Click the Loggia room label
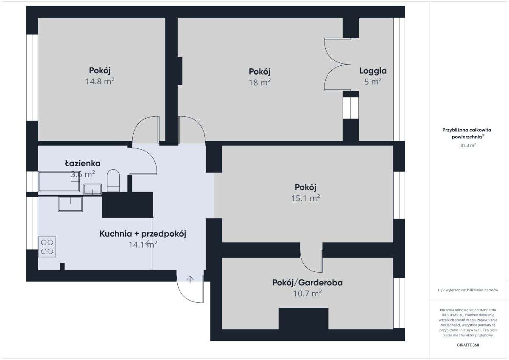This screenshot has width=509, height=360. (x=373, y=71)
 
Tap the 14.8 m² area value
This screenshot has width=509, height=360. (x=100, y=81)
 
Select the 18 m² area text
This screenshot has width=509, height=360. (x=260, y=82)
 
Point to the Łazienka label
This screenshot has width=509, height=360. (x=83, y=163)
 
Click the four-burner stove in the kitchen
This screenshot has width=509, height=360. (x=47, y=247)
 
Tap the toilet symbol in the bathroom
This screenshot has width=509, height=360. (x=113, y=180)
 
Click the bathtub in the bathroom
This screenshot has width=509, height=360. (x=59, y=181)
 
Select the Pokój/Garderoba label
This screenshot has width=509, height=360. (x=308, y=282)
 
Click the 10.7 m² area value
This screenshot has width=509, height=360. (x=308, y=293)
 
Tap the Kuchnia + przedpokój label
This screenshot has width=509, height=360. (x=143, y=234)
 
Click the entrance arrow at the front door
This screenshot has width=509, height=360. (x=190, y=279)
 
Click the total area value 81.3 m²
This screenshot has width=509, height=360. (x=468, y=145)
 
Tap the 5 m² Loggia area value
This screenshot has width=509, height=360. (x=373, y=82)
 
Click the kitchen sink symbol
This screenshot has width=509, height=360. (x=70, y=204)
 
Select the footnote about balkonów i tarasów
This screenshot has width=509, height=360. (x=467, y=290)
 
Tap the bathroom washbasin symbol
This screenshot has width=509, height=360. (x=92, y=189)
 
